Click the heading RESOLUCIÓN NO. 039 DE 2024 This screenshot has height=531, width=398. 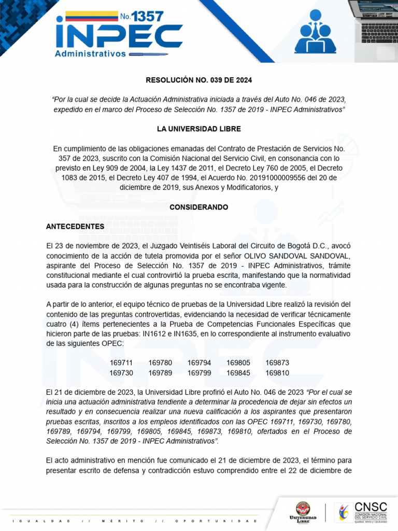pos(199,80)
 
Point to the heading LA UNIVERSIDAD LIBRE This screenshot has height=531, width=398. pos(199,129)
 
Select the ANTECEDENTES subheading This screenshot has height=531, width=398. pos(75,227)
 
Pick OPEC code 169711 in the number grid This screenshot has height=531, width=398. pos(121,363)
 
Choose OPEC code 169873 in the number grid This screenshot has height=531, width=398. pos(277,363)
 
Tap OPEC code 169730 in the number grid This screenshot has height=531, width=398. pos(121,373)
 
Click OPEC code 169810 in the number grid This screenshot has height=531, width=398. pos(277,373)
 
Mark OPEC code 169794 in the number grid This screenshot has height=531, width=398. pos(199,363)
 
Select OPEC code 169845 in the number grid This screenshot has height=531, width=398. pos(238,373)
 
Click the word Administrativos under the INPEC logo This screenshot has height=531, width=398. pos(91,53)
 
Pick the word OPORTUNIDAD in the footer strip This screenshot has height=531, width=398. pos(216,521)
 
